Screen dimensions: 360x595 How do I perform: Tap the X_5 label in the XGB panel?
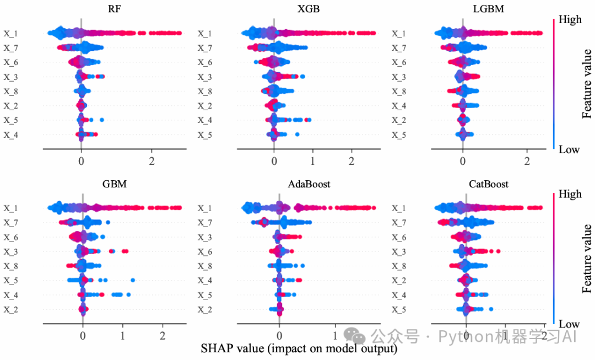point(205,134)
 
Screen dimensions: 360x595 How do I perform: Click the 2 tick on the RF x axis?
point(152,161)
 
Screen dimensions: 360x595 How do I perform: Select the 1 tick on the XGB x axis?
point(312,161)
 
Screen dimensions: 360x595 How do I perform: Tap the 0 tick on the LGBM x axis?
point(463,161)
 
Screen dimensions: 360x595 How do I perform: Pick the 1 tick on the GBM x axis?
point(122,336)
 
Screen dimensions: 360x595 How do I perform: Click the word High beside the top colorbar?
point(570,20)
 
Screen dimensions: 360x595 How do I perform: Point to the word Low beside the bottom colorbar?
point(569,324)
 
